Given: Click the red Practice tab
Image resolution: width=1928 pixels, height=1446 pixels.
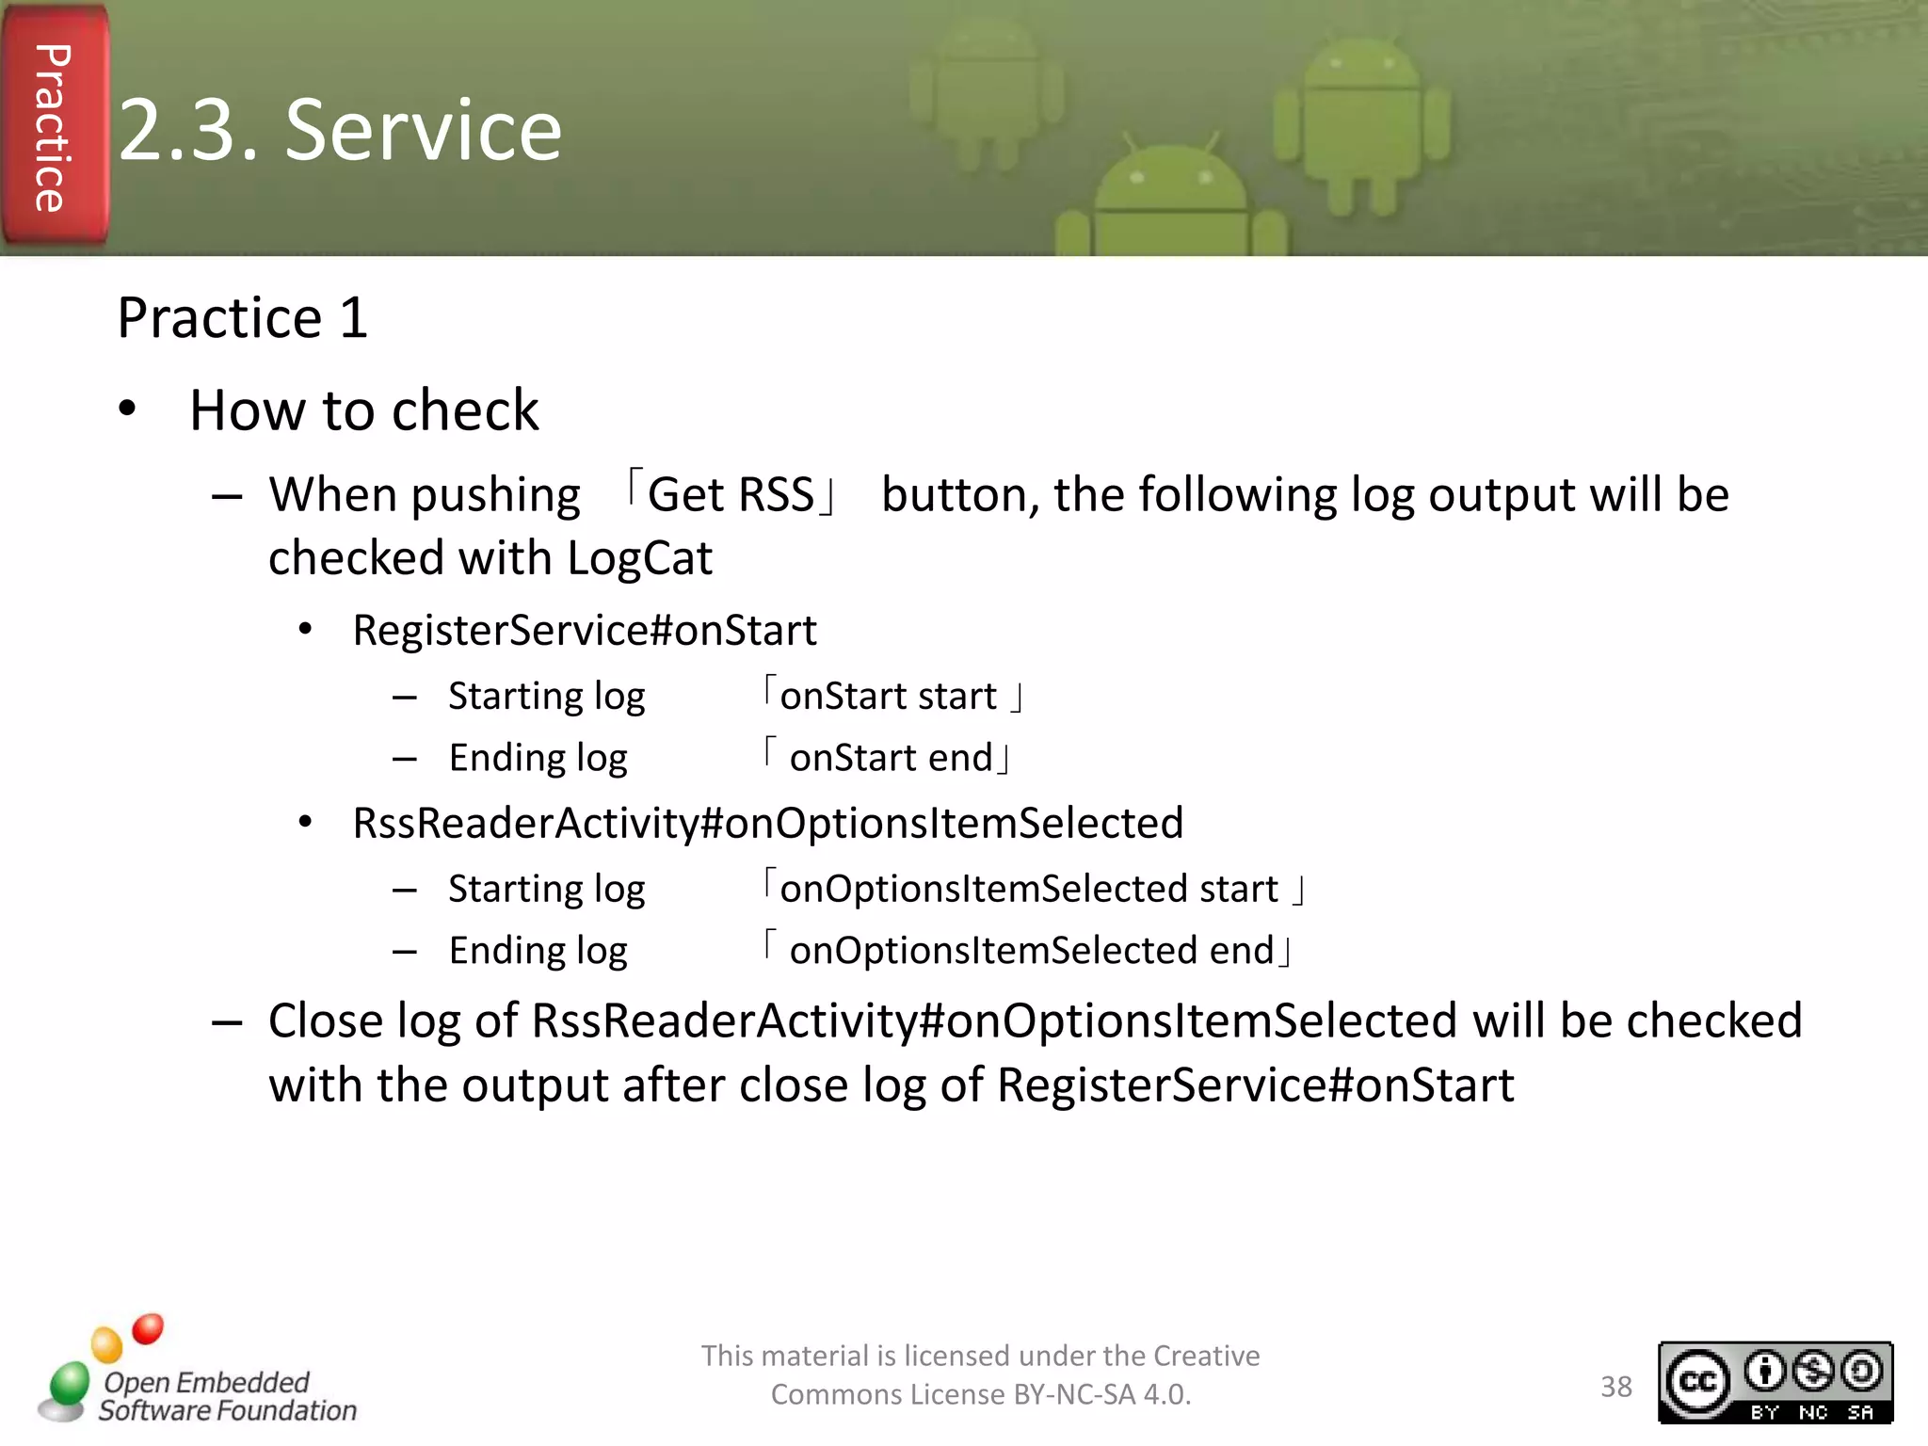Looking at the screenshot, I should pos(54,127).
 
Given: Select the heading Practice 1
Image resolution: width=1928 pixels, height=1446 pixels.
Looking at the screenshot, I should pos(242,317).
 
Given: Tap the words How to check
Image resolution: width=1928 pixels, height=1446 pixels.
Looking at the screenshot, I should pos(363,410).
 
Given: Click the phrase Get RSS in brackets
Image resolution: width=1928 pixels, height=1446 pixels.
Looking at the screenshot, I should pos(731,495).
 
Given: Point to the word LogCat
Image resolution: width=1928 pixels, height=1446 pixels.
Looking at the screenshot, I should pos(639,558).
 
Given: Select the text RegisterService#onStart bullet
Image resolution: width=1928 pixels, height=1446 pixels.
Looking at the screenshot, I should pos(584,630).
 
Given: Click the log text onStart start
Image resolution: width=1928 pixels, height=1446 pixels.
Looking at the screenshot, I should pos(888,697).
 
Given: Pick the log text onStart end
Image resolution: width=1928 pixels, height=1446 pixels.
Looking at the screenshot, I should pos(891,758).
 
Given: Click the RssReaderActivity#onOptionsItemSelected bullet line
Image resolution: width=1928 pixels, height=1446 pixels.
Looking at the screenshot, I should pos(767,823).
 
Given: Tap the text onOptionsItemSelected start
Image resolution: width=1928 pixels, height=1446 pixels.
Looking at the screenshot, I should pos(1028,889).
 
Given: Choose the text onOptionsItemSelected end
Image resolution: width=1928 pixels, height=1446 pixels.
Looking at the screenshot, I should pos(1030,951).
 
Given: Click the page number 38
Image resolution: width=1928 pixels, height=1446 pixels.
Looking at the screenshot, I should pos(1615,1387).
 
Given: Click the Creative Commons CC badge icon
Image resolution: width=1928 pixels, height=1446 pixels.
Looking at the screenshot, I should pos(1698,1381).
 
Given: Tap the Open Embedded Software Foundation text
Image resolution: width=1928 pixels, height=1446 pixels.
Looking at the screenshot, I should pos(226,1396).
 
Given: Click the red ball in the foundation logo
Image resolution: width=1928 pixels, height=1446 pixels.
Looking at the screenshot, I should pos(148,1328).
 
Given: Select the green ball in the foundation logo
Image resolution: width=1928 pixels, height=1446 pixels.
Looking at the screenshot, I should pos(69,1384).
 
